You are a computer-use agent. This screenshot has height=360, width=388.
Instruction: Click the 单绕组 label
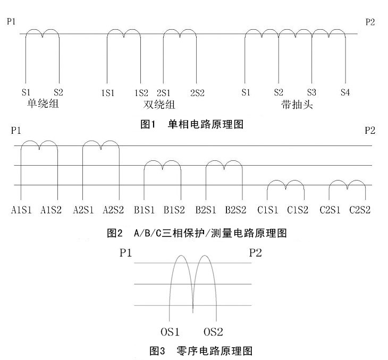pyautogui.click(x=43, y=103)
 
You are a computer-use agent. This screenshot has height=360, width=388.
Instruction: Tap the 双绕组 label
pyautogui.click(x=159, y=105)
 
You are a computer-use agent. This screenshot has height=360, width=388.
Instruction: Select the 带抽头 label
pyautogui.click(x=297, y=105)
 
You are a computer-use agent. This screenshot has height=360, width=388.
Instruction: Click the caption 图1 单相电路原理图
pyautogui.click(x=192, y=124)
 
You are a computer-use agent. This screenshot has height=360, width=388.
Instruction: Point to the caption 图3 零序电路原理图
pyautogui.click(x=201, y=350)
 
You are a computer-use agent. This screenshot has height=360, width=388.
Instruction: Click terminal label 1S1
pyautogui.click(x=108, y=93)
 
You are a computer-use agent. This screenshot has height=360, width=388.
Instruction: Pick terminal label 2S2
pyautogui.click(x=197, y=93)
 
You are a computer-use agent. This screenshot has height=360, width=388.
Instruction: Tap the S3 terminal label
pyautogui.click(x=311, y=92)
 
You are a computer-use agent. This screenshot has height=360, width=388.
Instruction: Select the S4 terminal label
pyautogui.click(x=345, y=92)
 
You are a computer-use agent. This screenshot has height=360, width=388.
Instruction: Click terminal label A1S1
pyautogui.click(x=21, y=210)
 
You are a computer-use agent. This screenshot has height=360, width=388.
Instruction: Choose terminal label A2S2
pyautogui.click(x=113, y=210)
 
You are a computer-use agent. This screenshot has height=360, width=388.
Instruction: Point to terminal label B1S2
pyautogui.click(x=174, y=210)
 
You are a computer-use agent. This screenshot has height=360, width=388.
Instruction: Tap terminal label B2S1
pyautogui.click(x=206, y=210)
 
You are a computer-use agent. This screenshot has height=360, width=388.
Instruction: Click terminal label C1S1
pyautogui.click(x=267, y=210)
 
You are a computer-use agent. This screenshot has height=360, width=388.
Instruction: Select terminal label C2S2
pyautogui.click(x=360, y=210)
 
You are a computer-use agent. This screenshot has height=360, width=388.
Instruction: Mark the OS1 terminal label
pyautogui.click(x=170, y=332)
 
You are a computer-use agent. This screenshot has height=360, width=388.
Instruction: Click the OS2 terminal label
pyautogui.click(x=213, y=332)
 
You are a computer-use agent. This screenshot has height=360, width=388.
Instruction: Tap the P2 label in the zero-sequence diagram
pyautogui.click(x=255, y=253)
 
